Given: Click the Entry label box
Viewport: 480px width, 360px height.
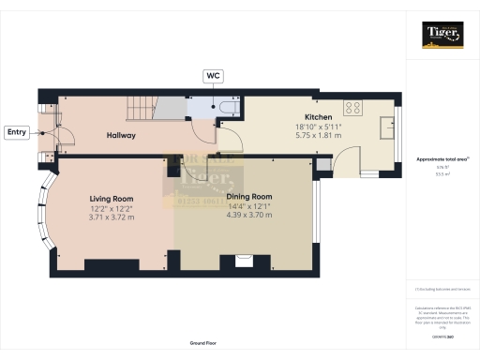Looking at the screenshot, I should tap(17, 132).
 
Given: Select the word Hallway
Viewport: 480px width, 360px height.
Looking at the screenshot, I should tap(120, 136).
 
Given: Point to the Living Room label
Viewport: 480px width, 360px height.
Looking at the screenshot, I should tap(112, 199).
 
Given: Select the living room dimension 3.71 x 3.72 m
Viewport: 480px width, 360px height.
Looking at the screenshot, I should tap(112, 217).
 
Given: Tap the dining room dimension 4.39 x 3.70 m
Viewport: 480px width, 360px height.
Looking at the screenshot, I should tap(248, 216).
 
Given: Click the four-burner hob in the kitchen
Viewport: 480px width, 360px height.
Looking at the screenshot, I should tap(354, 106).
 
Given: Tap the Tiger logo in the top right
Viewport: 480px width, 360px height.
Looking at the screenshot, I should tap(442, 35).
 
